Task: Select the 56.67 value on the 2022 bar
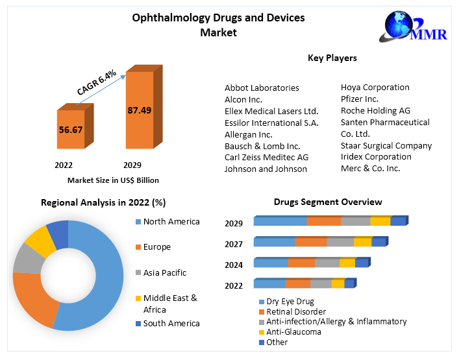tap(70, 130)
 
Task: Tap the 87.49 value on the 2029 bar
tap(139, 110)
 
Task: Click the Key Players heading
tap(332, 58)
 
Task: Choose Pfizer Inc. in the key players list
tap(359, 99)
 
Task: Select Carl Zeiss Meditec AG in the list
tap(266, 158)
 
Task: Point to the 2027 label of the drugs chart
tap(234, 244)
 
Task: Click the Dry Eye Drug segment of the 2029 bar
tap(280, 222)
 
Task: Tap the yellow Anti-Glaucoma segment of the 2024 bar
tap(347, 263)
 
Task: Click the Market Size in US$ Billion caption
tap(113, 180)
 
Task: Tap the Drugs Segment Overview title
tap(328, 202)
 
